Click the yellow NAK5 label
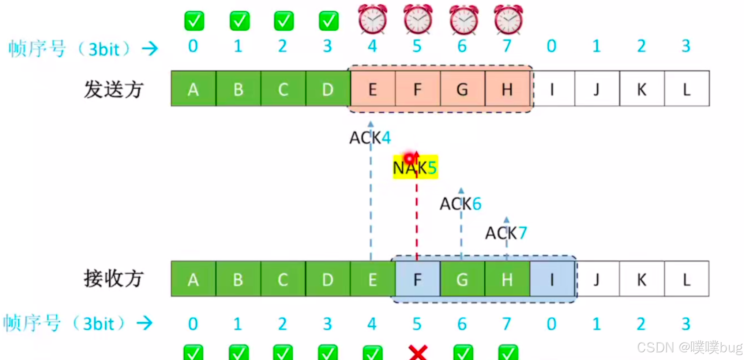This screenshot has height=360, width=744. click(x=415, y=168)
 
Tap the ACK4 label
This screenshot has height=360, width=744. click(x=370, y=138)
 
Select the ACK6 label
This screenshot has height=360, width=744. click(x=460, y=204)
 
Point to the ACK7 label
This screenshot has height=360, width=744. click(x=506, y=233)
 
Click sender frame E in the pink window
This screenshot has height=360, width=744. click(x=372, y=89)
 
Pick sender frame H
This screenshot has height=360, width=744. click(x=507, y=89)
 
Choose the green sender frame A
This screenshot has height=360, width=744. click(x=193, y=89)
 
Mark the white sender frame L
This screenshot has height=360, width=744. click(x=687, y=89)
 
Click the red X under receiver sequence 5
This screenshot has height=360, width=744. click(x=418, y=352)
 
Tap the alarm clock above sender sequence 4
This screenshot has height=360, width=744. click(x=372, y=19)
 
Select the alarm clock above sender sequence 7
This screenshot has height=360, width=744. click(x=508, y=19)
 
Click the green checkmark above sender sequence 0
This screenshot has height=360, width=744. click(x=194, y=21)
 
